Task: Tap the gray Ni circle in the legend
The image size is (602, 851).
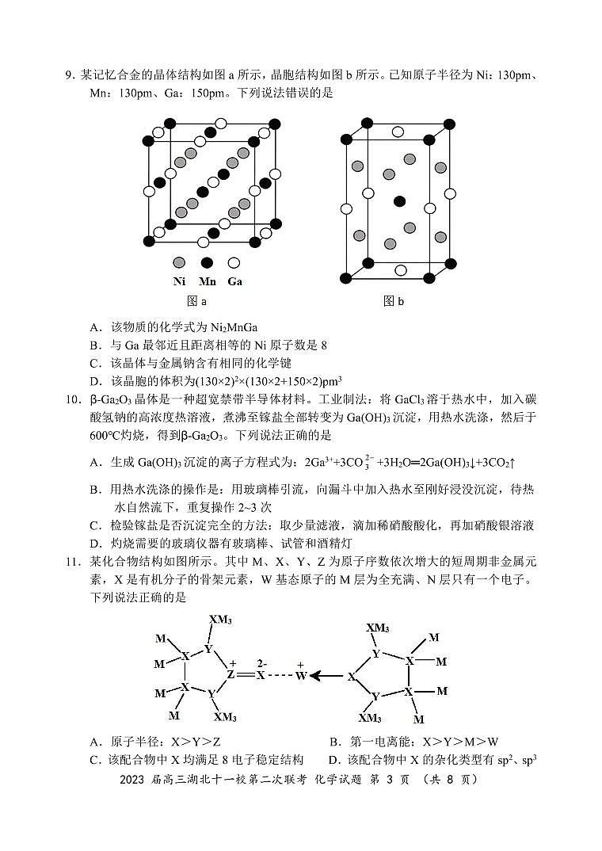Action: [x=180, y=262]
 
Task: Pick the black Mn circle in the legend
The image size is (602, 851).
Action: [x=207, y=262]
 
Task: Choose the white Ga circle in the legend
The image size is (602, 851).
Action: [x=234, y=262]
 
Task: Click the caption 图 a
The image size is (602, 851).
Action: [x=196, y=301]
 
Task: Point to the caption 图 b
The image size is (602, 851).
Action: [x=394, y=301]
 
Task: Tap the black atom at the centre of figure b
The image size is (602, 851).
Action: [x=399, y=200]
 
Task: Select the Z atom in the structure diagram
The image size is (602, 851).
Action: [x=231, y=675]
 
